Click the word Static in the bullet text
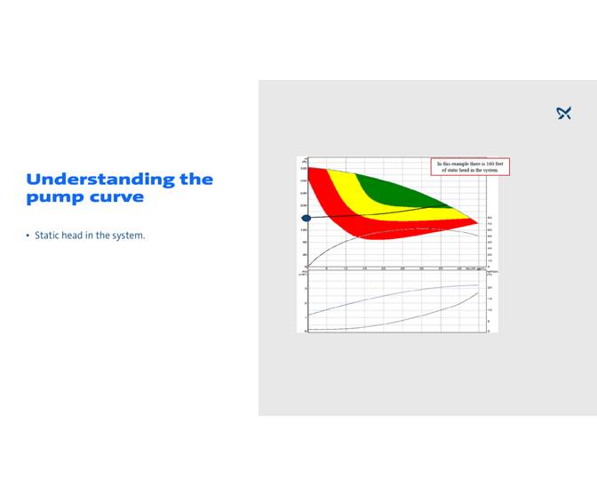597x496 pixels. pyautogui.click(x=47, y=236)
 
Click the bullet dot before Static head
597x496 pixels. pyautogui.click(x=28, y=236)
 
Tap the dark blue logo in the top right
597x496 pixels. pyautogui.click(x=563, y=113)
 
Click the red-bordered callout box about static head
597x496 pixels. pyautogui.click(x=470, y=167)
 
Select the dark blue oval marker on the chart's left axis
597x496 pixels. pyautogui.click(x=306, y=218)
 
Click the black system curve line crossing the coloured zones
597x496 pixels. pyautogui.click(x=391, y=211)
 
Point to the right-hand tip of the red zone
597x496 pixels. pyautogui.click(x=477, y=222)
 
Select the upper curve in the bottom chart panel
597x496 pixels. pyautogui.click(x=391, y=294)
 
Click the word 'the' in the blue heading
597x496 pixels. pyautogui.click(x=196, y=180)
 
